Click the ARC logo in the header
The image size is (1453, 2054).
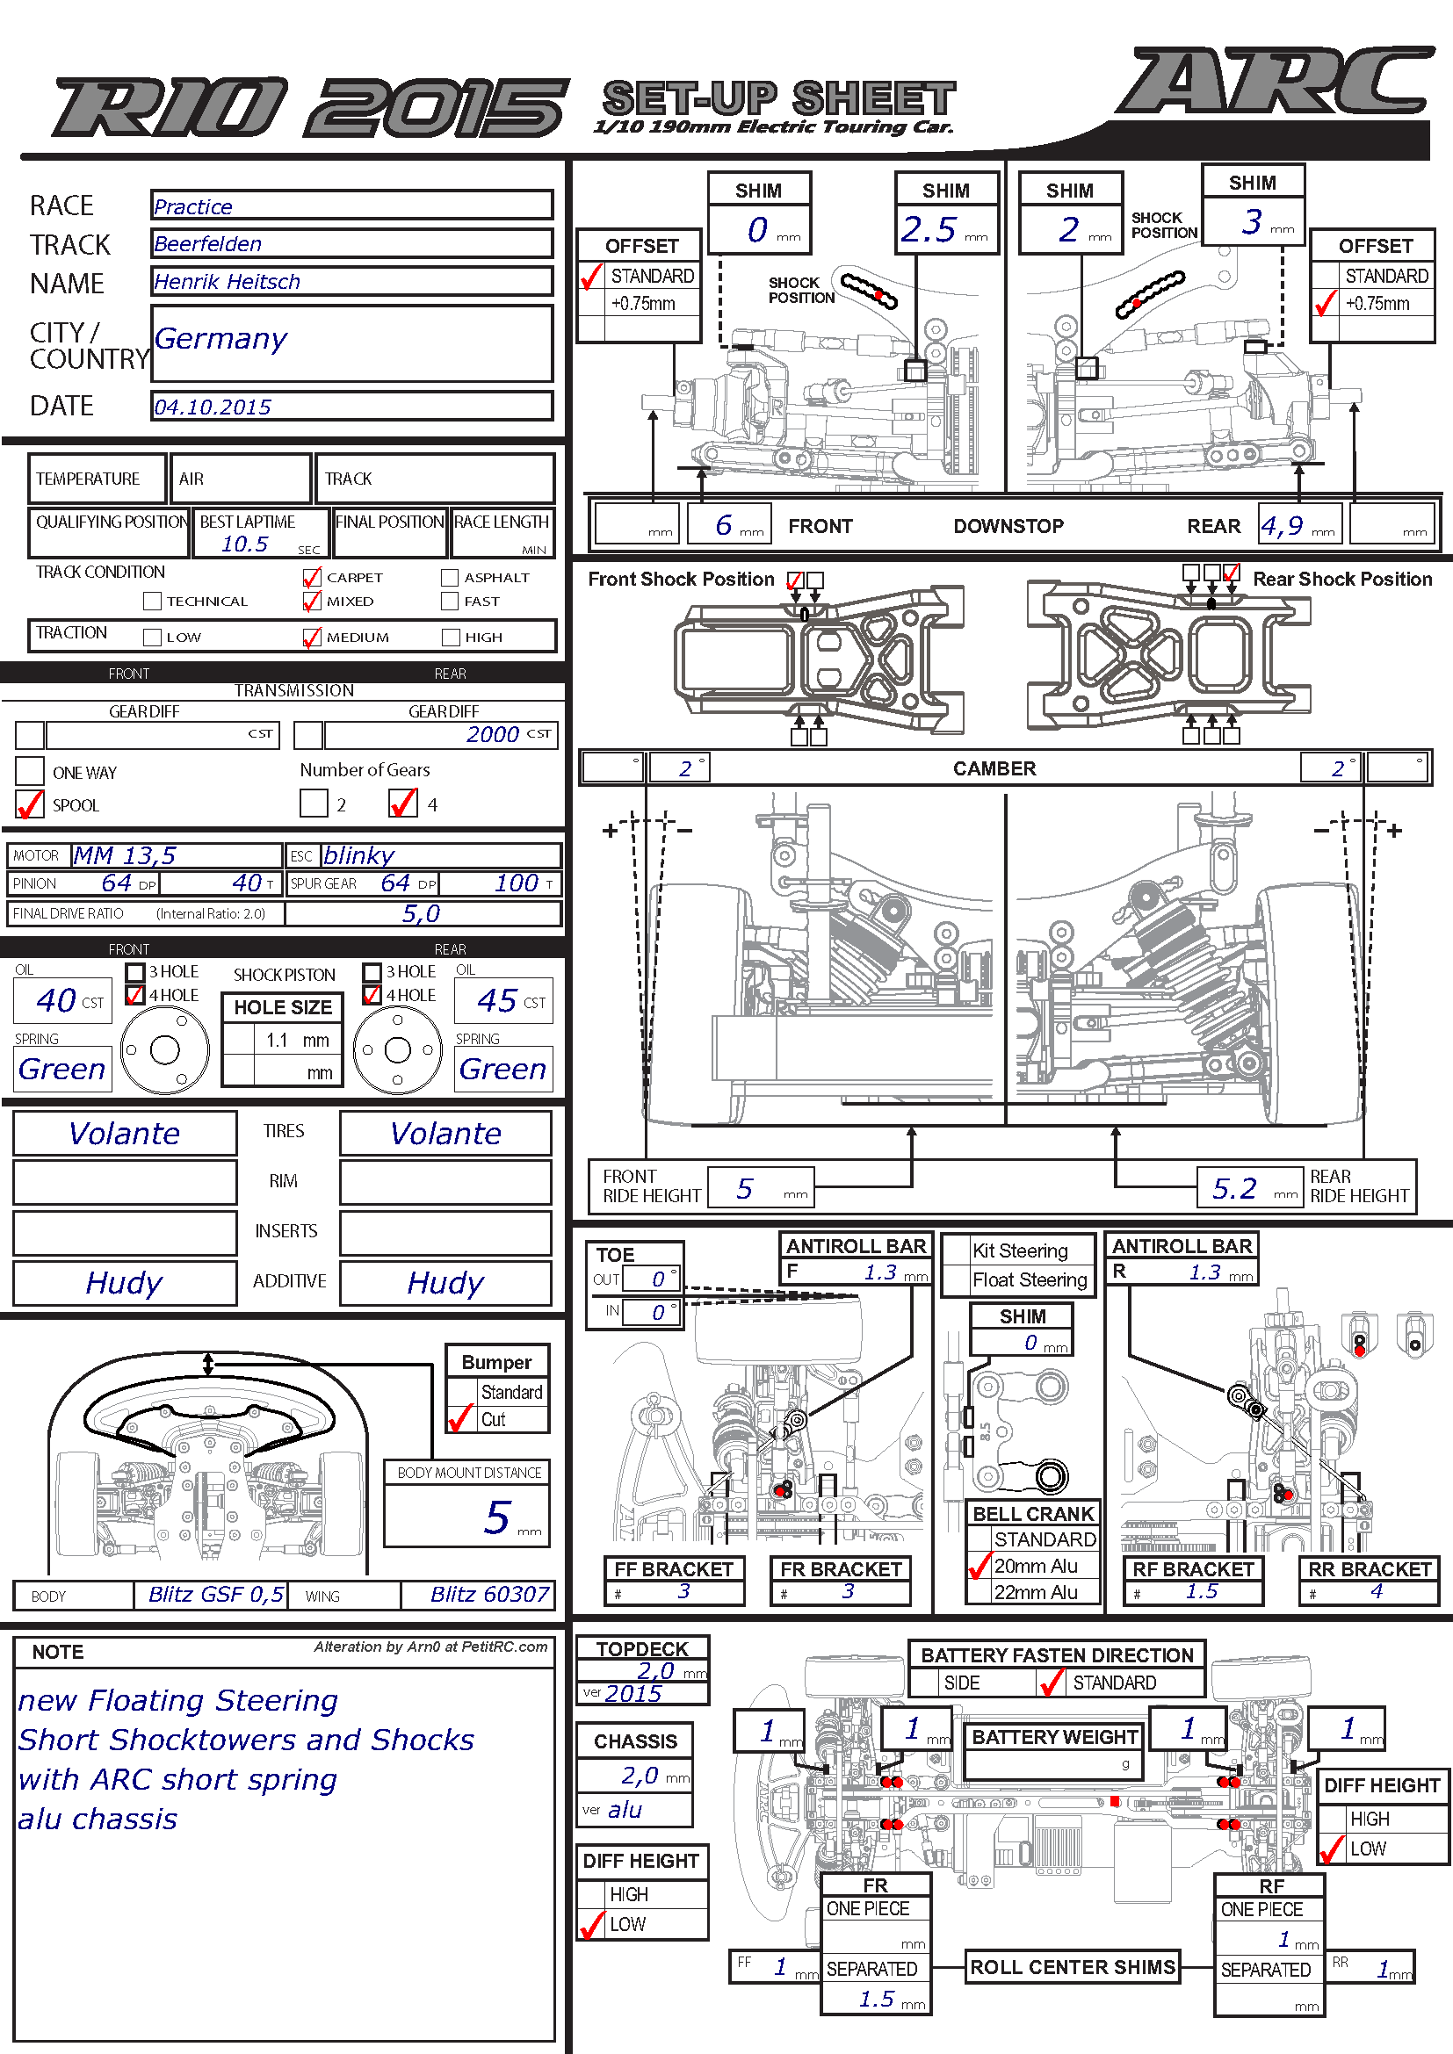(x=1270, y=83)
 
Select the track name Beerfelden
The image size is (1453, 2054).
(x=207, y=244)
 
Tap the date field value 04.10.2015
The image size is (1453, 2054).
(x=212, y=407)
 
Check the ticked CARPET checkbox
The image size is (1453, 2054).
(x=311, y=578)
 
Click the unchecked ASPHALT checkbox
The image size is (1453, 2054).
(x=449, y=578)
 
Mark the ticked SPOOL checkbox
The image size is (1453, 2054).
(x=30, y=804)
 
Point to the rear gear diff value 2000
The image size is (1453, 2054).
(x=492, y=734)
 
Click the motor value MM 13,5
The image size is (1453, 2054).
(x=125, y=856)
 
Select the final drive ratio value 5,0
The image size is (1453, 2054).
(x=421, y=913)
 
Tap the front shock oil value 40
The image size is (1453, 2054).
(x=55, y=1000)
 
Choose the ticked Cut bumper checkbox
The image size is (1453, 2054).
(x=461, y=1419)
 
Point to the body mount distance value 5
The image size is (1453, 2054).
(x=497, y=1518)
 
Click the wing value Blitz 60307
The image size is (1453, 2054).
(x=489, y=1594)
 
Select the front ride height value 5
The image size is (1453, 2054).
(x=744, y=1188)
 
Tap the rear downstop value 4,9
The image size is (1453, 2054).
(x=1281, y=525)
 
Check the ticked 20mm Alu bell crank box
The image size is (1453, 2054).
(x=980, y=1566)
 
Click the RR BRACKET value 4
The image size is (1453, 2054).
(x=1376, y=1591)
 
